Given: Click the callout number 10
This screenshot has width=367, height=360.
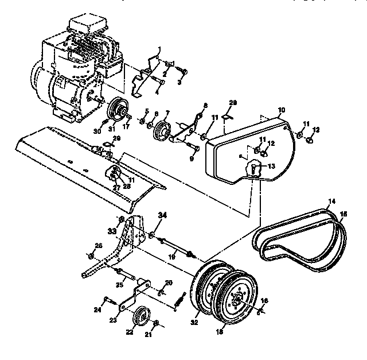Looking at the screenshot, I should coord(281,109).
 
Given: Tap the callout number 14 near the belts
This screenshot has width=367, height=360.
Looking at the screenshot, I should coord(331,202).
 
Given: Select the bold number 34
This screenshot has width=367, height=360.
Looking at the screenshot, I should coord(163,215).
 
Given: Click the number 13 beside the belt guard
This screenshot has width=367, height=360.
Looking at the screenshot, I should coord(271,165).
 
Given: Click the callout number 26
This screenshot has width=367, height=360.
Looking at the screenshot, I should coord(99,246).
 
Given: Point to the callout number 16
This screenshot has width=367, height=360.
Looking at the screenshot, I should coord(264,300).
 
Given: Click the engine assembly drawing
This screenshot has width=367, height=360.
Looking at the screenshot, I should coord(80,69).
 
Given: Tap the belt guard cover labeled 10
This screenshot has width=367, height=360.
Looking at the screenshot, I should coord(252,149).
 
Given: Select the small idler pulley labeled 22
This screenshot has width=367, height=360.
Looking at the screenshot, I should coord(140,316).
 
